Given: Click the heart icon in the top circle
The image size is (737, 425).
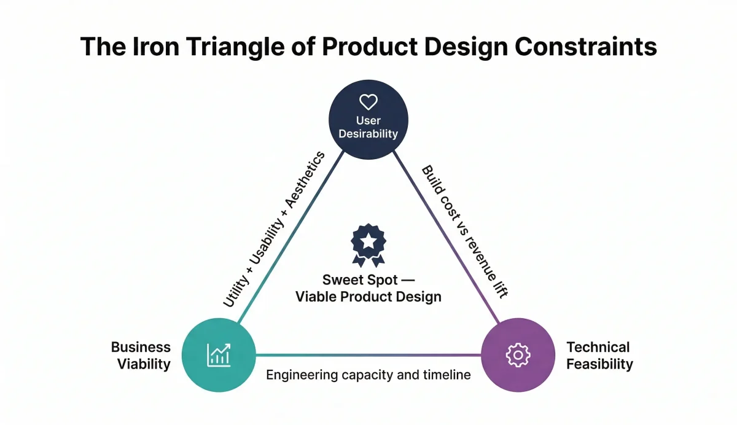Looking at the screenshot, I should click(368, 102).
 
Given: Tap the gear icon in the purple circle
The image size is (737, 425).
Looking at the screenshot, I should click(517, 354).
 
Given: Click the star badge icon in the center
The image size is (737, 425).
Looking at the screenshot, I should click(368, 244).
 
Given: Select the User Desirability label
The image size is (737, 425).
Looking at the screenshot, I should click(368, 127).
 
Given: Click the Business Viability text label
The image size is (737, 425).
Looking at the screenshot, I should click(141, 356).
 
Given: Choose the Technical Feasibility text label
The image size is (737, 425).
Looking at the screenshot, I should click(599, 356).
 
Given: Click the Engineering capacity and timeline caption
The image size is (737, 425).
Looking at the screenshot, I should click(368, 375).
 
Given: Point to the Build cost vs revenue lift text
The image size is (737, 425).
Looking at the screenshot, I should click(464, 232).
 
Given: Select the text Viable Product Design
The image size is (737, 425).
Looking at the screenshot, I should click(368, 297).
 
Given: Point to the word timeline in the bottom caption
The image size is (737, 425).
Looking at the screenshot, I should click(448, 375).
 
